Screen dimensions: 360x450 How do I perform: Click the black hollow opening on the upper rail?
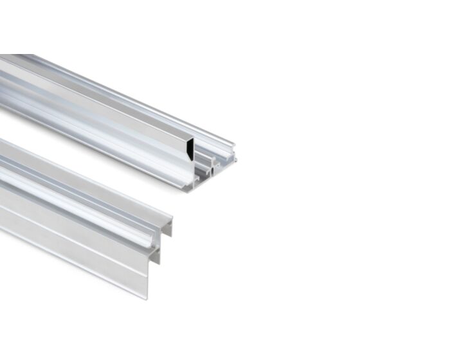click(x=190, y=150)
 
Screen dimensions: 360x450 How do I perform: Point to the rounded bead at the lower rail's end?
click(x=155, y=242)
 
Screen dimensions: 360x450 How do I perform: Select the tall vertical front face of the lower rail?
click(x=77, y=248)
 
